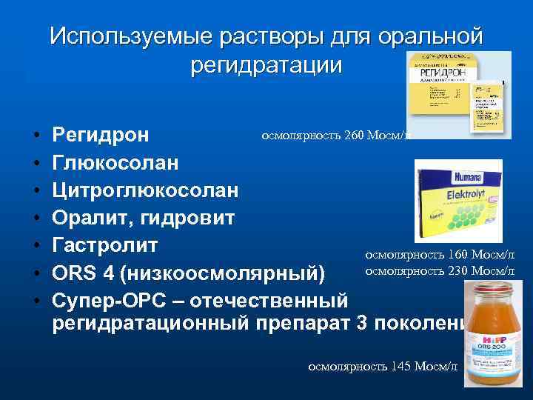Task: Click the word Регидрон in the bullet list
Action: point(101,136)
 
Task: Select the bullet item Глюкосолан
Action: point(115,163)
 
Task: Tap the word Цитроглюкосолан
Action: point(145,190)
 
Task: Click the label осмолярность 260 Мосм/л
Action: point(334,135)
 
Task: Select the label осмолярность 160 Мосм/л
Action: point(439,254)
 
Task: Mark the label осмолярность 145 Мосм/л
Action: point(383,366)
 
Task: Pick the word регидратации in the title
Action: point(266,64)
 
